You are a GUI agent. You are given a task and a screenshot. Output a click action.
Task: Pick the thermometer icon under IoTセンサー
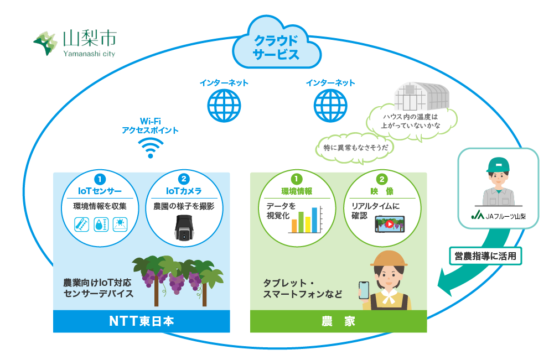point(82,224)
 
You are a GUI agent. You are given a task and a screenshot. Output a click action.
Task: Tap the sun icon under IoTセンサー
point(120,224)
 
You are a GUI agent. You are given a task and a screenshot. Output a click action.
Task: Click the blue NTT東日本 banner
point(141,321)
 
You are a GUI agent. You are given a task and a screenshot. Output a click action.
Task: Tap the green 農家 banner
point(338,321)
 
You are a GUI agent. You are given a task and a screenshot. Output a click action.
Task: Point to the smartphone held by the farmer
point(364,290)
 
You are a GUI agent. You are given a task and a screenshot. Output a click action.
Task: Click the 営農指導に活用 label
point(485,256)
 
